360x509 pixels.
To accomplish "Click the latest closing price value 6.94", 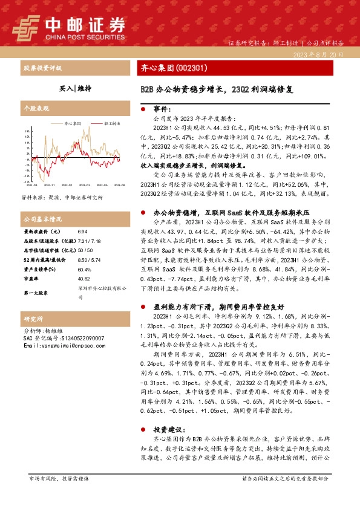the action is point(82,232).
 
